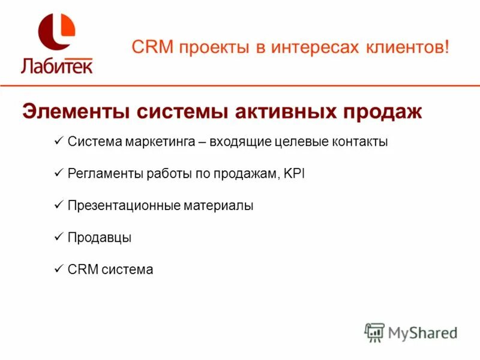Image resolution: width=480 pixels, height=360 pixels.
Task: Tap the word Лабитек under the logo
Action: pos(57,64)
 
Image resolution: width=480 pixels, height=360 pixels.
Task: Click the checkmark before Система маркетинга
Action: pos(59,142)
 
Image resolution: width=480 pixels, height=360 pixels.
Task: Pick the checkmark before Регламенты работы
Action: pos(59,173)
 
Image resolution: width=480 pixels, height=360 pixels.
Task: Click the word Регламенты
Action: pos(105,174)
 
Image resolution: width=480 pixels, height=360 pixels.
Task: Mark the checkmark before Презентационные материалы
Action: pos(59,205)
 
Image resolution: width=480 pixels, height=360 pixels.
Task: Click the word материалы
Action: pos(219,206)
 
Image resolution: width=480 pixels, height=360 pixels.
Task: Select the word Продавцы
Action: pos(99,238)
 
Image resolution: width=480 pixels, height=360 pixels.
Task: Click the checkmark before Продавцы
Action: pos(59,237)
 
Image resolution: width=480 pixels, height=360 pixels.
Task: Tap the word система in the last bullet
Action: pos(127,270)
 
